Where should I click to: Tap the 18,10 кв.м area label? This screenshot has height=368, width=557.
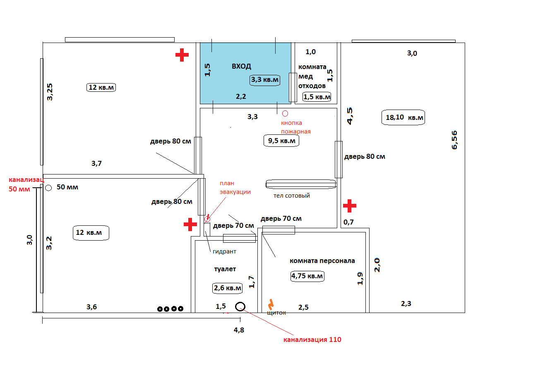pyautogui.click(x=404, y=117)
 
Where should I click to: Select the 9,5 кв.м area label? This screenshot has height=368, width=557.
pyautogui.click(x=281, y=141)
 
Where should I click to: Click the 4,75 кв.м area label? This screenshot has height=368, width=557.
pyautogui.click(x=307, y=276)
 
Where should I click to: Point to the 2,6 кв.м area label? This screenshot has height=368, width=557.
pyautogui.click(x=227, y=288)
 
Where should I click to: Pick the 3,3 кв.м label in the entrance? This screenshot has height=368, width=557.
pyautogui.click(x=265, y=79)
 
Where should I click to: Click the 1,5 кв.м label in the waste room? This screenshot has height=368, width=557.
pyautogui.click(x=317, y=97)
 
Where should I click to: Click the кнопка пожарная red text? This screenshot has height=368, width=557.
pyautogui.click(x=295, y=127)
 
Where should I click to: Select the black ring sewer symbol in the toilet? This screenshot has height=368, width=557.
pyautogui.click(x=240, y=306)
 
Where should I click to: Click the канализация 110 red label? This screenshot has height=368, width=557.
pyautogui.click(x=312, y=340)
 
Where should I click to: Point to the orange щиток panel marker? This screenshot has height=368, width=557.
pyautogui.click(x=271, y=304)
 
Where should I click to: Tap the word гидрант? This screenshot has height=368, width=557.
pyautogui.click(x=224, y=251)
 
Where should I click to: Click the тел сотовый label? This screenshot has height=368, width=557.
pyautogui.click(x=292, y=196)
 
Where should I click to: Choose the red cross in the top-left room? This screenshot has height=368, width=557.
pyautogui.click(x=182, y=55)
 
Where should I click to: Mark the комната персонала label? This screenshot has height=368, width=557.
pyautogui.click(x=322, y=261)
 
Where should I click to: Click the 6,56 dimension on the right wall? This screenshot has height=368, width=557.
pyautogui.click(x=454, y=140)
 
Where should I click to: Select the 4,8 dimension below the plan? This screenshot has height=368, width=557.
pyautogui.click(x=239, y=330)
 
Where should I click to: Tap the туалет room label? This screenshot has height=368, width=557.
pyautogui.click(x=225, y=269)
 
